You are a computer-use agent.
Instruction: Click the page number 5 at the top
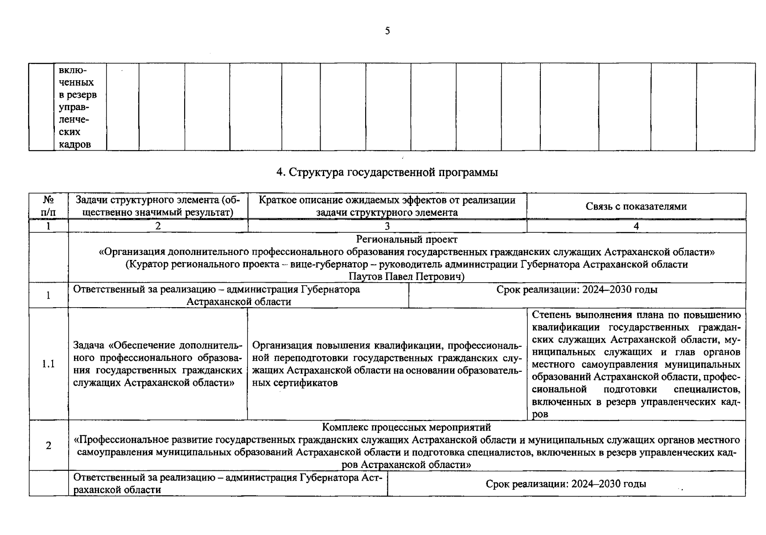[x=387, y=31]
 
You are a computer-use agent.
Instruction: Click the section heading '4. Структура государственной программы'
[x=387, y=172]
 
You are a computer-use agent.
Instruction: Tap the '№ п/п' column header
[x=49, y=206]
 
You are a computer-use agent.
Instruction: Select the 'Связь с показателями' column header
[x=636, y=206]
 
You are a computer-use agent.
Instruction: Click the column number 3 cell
[x=387, y=226]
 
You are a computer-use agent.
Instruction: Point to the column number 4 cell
[x=636, y=226]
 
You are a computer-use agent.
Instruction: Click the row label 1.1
[x=49, y=364]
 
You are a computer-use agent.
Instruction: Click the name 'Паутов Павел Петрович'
[x=405, y=277]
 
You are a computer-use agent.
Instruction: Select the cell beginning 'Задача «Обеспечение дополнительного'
[x=158, y=364]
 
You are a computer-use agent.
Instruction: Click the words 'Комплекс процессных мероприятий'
[x=406, y=427]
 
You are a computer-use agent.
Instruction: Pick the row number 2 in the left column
[x=49, y=445]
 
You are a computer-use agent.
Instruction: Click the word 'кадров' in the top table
[x=75, y=144]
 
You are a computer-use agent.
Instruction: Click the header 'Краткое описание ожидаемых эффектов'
[x=387, y=200]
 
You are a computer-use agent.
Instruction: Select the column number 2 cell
[x=158, y=226]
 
